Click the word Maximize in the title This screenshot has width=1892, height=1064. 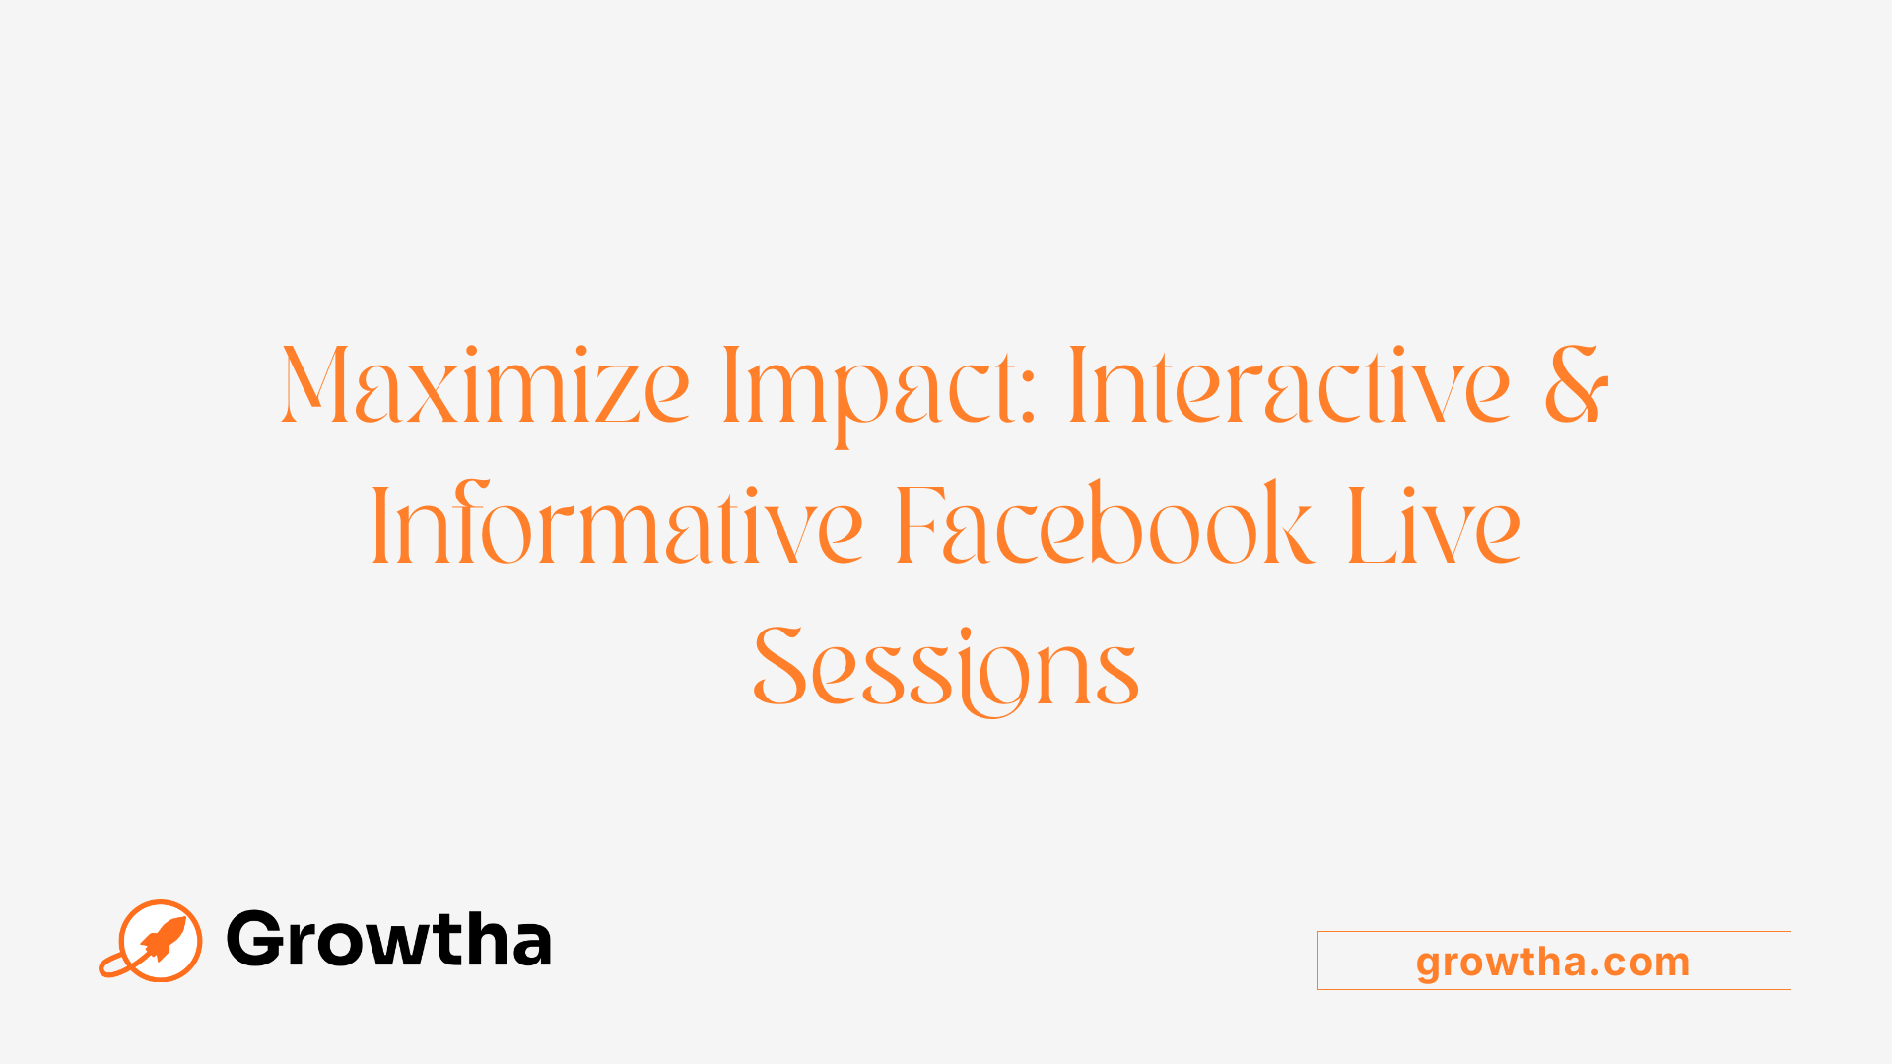point(485,386)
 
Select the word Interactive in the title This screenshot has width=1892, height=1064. point(1289,386)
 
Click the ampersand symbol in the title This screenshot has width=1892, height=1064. point(1576,385)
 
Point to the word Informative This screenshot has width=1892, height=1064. point(617,527)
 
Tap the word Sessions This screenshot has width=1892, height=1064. point(946,668)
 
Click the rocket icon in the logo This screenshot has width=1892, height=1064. point(161,939)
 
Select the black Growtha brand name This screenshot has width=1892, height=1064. point(389,939)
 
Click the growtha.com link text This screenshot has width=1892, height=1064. point(1553,962)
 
